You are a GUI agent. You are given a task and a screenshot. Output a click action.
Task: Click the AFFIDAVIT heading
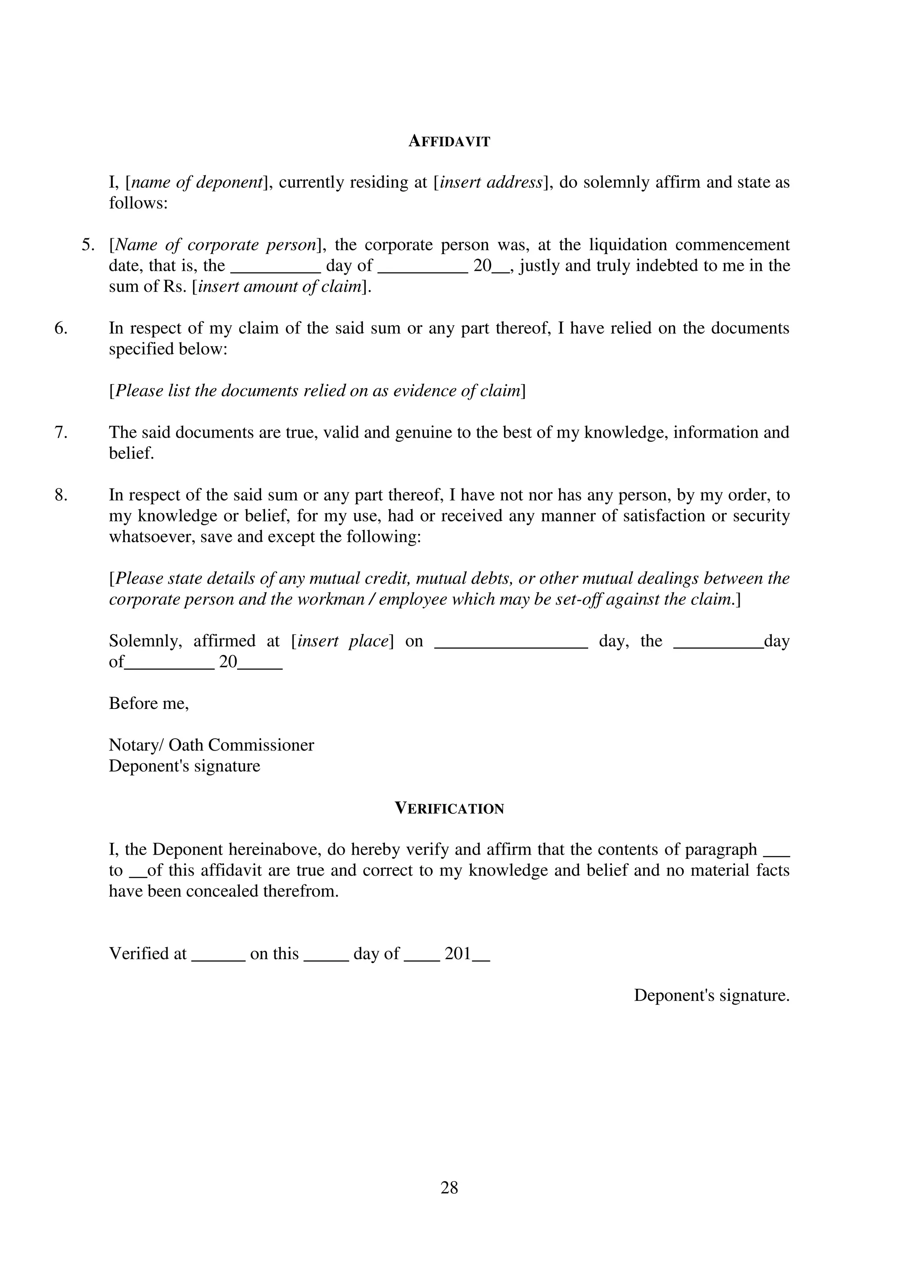[x=449, y=142]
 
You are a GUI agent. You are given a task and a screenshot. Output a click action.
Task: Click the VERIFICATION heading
[x=449, y=808]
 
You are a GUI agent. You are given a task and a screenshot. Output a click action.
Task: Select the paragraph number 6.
[x=61, y=328]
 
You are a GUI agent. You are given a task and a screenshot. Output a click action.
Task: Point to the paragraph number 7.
[x=61, y=432]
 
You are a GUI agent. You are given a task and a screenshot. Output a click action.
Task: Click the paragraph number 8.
[x=61, y=495]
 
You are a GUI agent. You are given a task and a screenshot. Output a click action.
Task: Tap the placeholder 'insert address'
[x=490, y=182]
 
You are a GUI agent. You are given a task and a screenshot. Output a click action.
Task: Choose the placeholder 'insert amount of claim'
[x=279, y=287]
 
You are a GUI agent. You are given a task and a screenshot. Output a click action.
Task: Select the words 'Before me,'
[x=148, y=704]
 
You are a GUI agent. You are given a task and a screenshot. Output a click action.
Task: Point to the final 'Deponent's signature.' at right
[x=711, y=995]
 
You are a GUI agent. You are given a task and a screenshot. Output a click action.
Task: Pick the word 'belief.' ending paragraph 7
[x=131, y=453]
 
